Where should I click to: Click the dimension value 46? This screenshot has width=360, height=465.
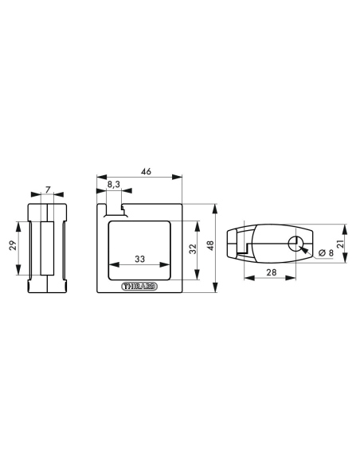tap(147, 171)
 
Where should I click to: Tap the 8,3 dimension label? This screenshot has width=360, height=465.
tap(114, 185)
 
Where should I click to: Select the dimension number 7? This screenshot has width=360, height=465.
tap(48, 190)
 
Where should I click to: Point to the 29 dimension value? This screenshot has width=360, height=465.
tap(13, 245)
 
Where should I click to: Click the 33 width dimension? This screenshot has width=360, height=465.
tap(139, 259)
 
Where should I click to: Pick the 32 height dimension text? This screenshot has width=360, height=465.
tap(193, 248)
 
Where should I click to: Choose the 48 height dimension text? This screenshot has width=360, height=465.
tap(210, 245)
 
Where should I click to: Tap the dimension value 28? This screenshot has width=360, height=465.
tap(271, 272)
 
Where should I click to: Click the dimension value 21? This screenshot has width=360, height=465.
tap(340, 244)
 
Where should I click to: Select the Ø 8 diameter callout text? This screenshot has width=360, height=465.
tap(326, 253)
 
